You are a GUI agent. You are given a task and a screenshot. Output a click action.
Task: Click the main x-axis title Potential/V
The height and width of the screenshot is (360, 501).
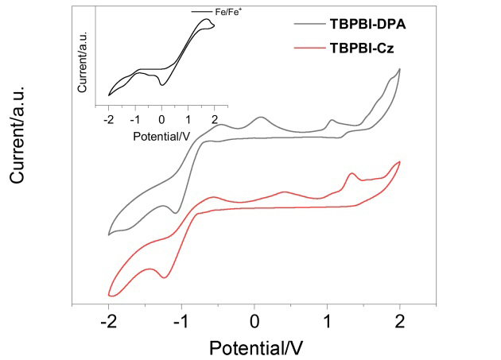coord(255,346)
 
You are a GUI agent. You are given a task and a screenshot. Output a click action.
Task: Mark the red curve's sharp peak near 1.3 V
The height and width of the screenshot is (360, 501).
coord(351,173)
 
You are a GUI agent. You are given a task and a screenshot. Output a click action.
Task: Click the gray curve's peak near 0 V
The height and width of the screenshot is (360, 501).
coord(261,118)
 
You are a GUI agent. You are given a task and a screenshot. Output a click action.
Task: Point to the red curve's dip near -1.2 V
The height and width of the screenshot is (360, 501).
coord(165,277)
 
